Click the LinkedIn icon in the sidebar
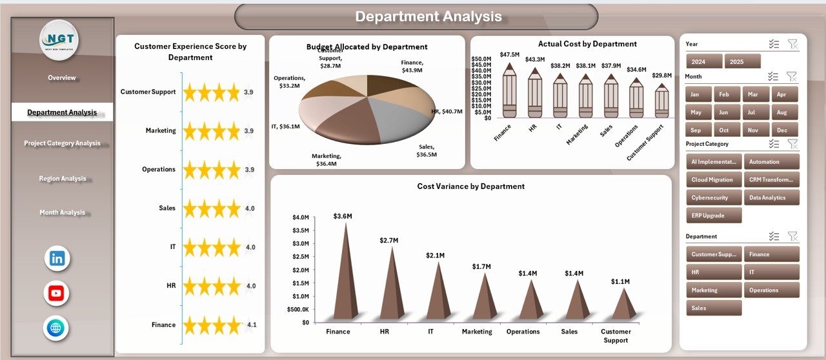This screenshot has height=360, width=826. pos(57,259)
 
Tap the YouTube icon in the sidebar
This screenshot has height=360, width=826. pos(57,294)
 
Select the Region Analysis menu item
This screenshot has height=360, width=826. pos(63,179)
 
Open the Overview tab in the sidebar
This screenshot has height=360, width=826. pos(62,78)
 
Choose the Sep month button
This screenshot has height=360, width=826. pos(696,130)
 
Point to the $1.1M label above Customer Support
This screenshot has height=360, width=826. pos(621,282)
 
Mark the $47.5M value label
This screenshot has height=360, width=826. pos(510,54)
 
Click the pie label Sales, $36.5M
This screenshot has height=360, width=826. pos(427,150)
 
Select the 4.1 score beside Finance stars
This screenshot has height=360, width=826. pos(252,325)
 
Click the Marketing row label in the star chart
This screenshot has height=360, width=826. pos(160,131)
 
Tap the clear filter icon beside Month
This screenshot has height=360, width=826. pos(792,76)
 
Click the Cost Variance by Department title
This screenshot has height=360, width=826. pos(470,186)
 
